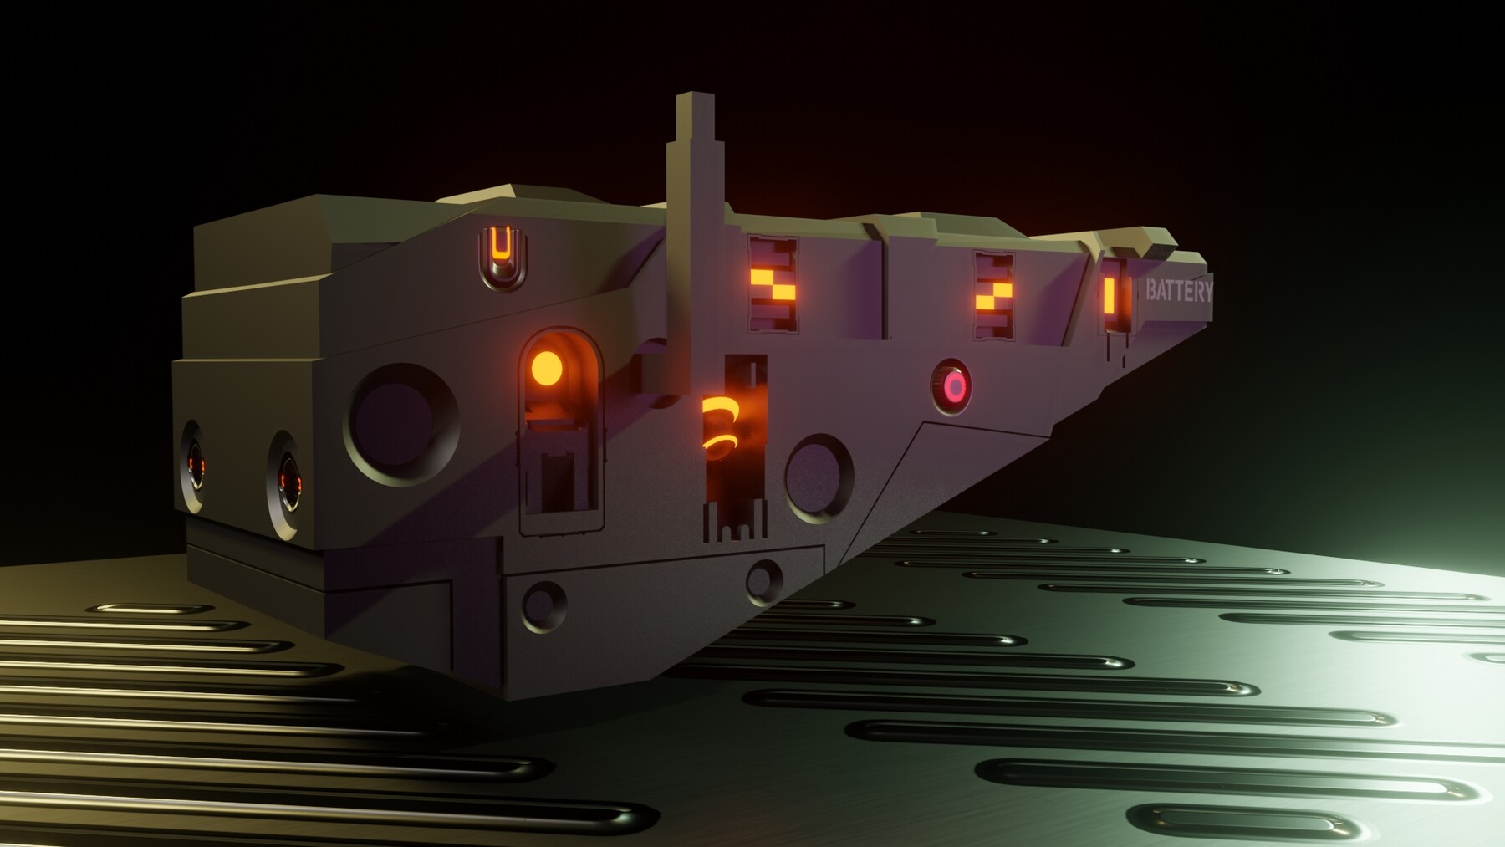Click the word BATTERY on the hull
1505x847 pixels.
click(1179, 292)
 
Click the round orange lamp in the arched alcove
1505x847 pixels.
click(546, 367)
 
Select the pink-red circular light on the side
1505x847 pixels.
click(954, 386)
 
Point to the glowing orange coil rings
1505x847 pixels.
click(719, 427)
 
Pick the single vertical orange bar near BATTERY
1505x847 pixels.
click(1110, 294)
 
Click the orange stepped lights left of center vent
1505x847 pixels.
click(772, 286)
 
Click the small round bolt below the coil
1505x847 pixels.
click(763, 577)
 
